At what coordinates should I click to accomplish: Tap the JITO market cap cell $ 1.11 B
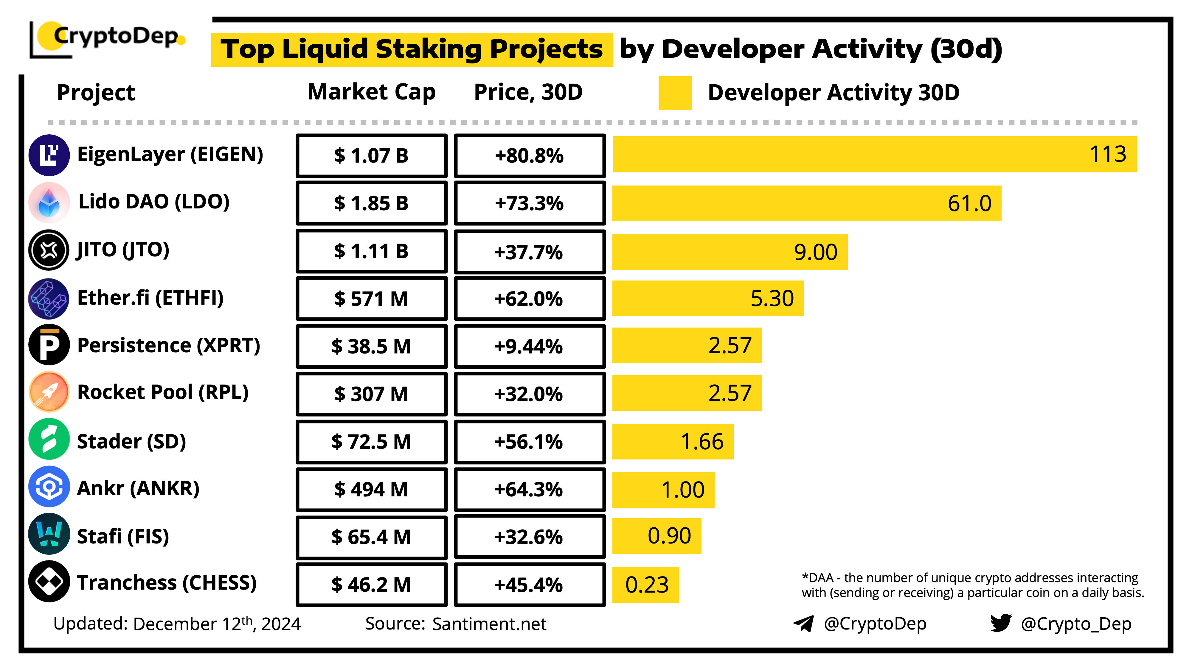372,251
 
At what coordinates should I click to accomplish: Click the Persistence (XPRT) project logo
49,345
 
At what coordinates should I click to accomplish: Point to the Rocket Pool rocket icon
49,392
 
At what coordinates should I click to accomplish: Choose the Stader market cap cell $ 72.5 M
372,442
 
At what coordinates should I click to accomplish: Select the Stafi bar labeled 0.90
656,536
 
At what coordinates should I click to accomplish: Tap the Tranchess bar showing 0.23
645,585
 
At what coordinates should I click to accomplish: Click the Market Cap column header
372,92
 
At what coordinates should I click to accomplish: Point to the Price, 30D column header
528,92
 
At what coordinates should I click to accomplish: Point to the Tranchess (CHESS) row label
167,583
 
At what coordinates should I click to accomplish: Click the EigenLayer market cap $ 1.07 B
372,156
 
